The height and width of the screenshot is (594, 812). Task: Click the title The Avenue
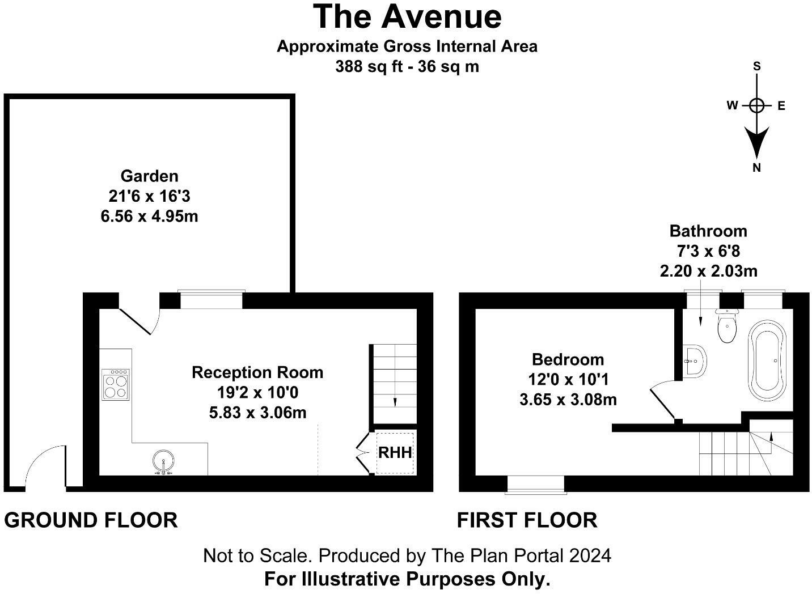(x=407, y=16)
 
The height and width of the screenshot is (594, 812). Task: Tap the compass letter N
(x=756, y=168)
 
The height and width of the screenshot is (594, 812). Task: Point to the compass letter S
(x=756, y=66)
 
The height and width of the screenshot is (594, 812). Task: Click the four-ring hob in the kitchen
(x=116, y=385)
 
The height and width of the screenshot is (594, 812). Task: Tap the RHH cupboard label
(x=395, y=453)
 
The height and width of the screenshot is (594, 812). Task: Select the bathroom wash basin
(x=695, y=360)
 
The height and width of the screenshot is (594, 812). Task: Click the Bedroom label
(x=568, y=360)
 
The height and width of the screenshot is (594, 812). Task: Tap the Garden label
(x=149, y=176)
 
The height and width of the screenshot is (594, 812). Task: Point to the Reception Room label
(x=257, y=373)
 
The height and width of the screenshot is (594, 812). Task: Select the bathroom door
(x=662, y=401)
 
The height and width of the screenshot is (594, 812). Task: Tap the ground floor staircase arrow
(x=395, y=401)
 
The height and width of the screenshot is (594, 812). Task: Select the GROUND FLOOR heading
(x=91, y=520)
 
